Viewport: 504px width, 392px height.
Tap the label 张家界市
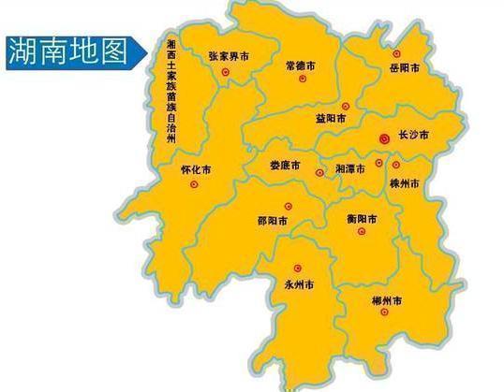(229, 57)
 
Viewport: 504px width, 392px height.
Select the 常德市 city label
(302, 67)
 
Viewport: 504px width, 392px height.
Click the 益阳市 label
(332, 119)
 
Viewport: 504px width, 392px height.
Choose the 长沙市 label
(412, 137)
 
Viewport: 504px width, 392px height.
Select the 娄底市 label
(284, 164)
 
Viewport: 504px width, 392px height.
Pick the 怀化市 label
(195, 171)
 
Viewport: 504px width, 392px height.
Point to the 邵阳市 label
(272, 222)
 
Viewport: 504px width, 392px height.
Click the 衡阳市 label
(362, 219)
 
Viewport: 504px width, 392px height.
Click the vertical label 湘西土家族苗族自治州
(170, 93)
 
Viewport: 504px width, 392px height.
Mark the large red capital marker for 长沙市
(383, 138)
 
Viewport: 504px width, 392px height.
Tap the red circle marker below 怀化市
(194, 185)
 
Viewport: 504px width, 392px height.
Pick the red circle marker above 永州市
(298, 267)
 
